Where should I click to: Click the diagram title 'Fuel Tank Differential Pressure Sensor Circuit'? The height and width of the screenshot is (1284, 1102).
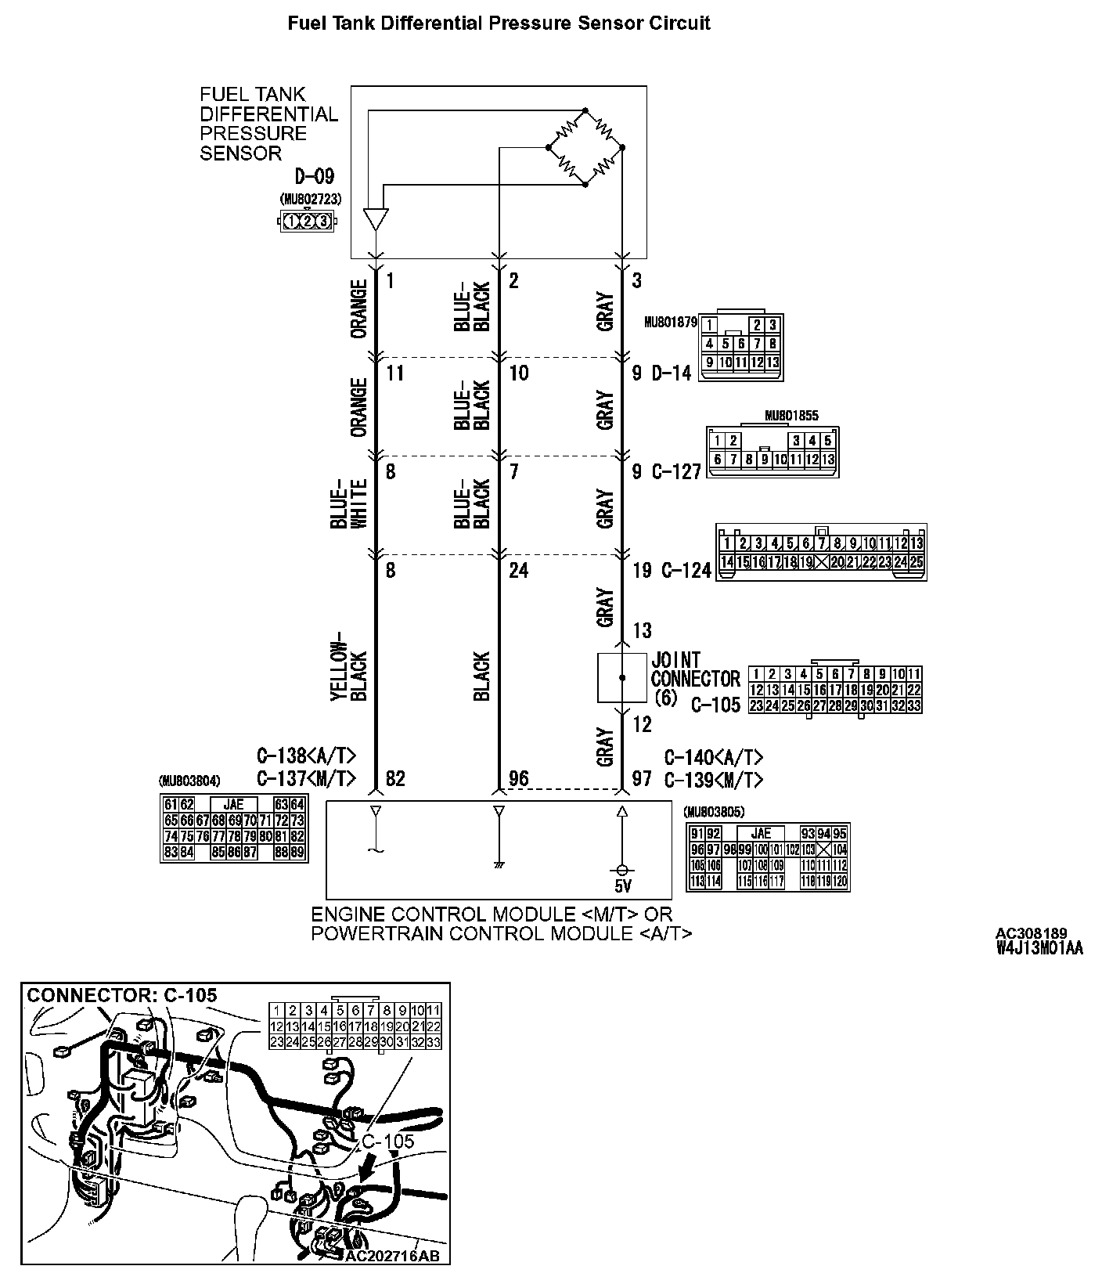click(499, 23)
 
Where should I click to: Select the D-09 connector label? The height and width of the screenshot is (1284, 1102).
click(314, 175)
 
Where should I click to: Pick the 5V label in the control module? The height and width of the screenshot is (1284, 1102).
click(622, 886)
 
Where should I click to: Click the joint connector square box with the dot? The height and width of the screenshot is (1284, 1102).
click(622, 677)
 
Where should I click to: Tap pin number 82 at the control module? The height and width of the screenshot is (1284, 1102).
click(395, 778)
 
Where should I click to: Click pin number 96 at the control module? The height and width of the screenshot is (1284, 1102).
click(518, 778)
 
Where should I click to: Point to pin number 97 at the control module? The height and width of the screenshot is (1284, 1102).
click(642, 778)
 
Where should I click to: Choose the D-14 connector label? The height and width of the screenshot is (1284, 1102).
click(672, 373)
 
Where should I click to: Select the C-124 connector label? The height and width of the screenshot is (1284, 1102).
click(686, 570)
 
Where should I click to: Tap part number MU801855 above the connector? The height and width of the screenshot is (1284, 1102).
click(791, 417)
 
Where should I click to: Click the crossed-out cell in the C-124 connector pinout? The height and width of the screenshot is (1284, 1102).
click(822, 561)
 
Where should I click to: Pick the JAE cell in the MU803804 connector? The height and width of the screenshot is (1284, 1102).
click(233, 804)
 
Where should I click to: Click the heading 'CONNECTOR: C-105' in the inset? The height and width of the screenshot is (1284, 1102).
click(122, 995)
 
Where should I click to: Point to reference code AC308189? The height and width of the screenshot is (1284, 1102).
click(1031, 933)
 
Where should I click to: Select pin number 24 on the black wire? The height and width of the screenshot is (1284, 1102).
click(518, 570)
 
